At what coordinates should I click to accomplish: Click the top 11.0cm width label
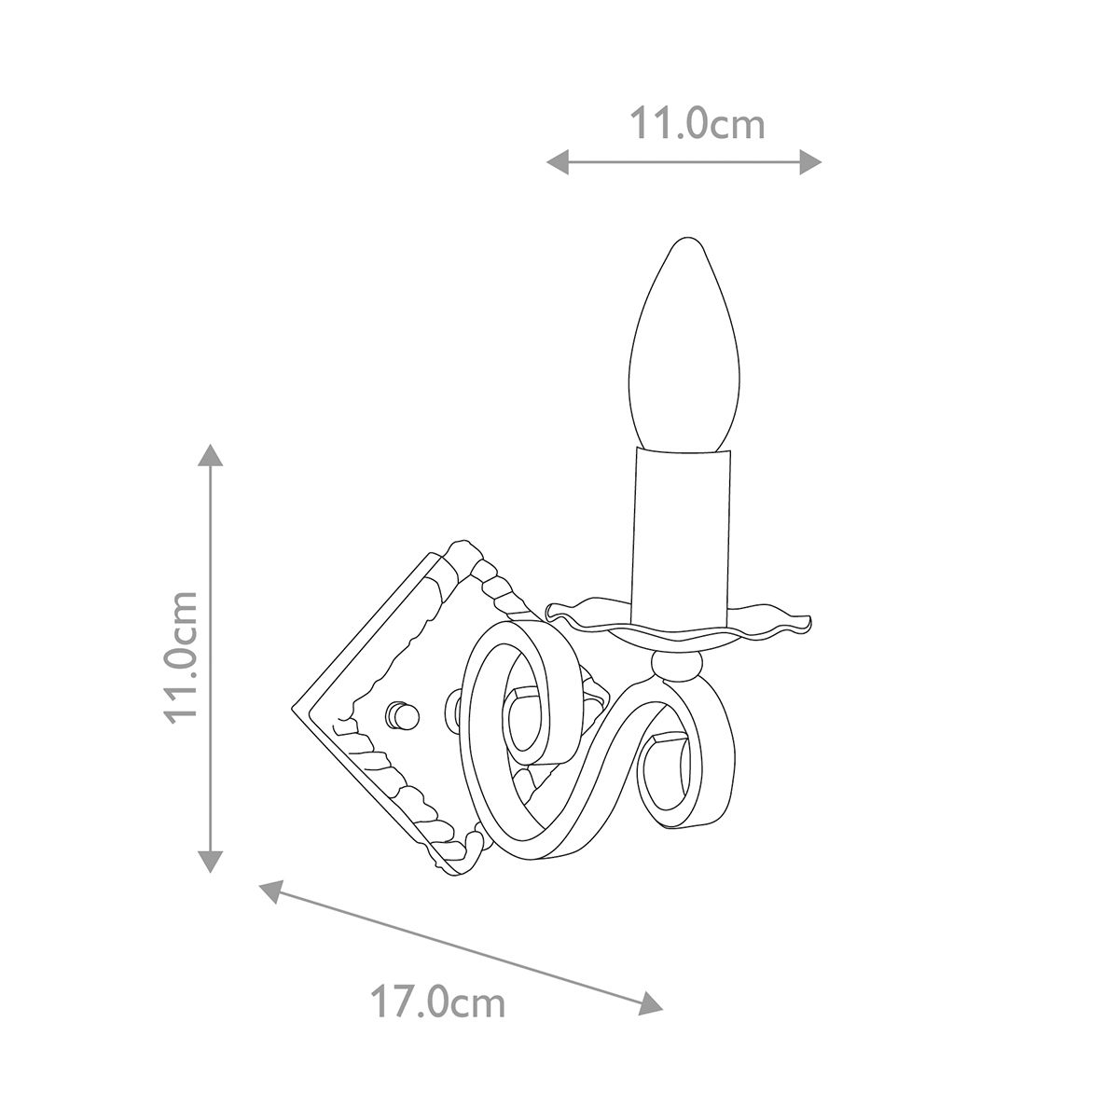coord(698,123)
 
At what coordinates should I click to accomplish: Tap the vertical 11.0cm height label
coord(182,658)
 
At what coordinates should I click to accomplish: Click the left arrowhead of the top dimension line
coord(558,161)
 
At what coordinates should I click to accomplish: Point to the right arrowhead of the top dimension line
coord(810,161)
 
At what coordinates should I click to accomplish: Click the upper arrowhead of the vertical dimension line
coord(210,455)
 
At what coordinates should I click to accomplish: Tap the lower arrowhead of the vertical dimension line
coord(210,862)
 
